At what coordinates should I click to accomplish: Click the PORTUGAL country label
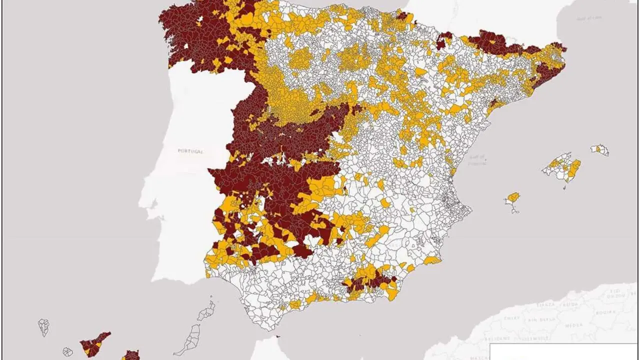click(x=190, y=150)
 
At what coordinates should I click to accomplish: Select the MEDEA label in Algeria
click(x=573, y=325)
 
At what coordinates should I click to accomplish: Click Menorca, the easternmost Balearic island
click(x=600, y=149)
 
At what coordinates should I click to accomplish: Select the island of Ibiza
click(x=512, y=198)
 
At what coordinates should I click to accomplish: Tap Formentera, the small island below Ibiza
click(x=514, y=210)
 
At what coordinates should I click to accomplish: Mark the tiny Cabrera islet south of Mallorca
click(x=564, y=188)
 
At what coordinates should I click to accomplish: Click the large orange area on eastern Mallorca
click(x=573, y=169)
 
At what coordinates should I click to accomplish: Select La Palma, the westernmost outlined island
click(x=43, y=327)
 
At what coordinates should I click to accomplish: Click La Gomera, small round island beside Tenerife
click(x=67, y=352)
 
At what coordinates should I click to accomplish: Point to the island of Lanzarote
click(x=206, y=312)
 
